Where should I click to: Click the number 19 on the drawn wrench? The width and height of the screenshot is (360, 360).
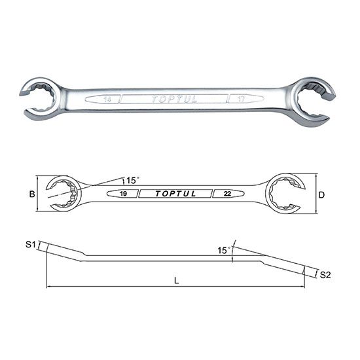pos(123,194)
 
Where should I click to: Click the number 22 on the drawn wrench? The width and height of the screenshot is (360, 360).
pos(226,194)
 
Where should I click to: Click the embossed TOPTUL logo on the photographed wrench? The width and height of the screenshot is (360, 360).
pos(172,100)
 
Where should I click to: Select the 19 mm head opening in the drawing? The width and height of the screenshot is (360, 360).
pos(62,193)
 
